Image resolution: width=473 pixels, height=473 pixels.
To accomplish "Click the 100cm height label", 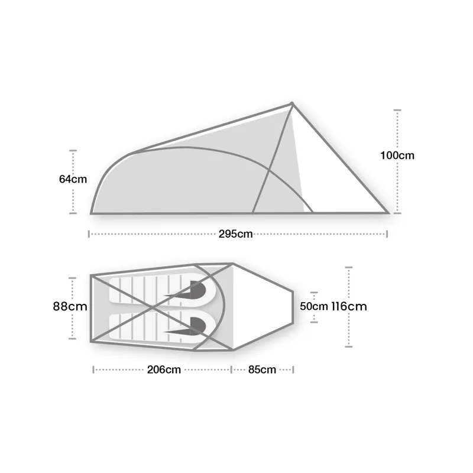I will click(x=397, y=156).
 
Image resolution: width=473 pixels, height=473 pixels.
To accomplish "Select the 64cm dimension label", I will click(x=73, y=180).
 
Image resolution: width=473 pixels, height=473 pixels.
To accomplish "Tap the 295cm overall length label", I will click(x=235, y=234).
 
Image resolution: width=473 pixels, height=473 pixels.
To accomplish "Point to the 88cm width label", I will click(x=70, y=307).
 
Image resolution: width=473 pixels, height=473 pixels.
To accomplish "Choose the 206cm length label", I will click(x=164, y=370).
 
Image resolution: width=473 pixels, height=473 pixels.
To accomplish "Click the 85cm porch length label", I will click(x=262, y=370).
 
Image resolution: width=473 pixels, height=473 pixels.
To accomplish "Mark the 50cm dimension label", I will click(x=313, y=307).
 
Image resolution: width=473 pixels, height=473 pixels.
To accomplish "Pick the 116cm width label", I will click(x=349, y=306).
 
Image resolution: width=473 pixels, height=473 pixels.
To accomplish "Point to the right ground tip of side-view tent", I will click(x=388, y=212).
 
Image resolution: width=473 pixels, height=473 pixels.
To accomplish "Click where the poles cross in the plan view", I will click(x=155, y=307).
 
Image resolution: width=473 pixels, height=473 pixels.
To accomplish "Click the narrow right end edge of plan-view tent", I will click(x=294, y=307).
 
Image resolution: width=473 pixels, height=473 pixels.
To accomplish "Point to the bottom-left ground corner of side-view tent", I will click(x=92, y=212).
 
